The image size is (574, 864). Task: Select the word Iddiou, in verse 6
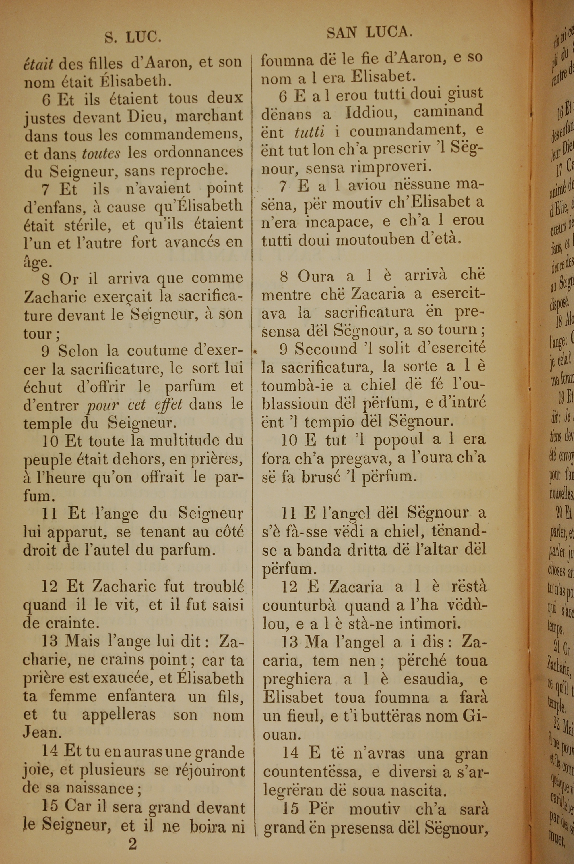(372, 112)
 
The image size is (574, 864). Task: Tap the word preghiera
(296, 679)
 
